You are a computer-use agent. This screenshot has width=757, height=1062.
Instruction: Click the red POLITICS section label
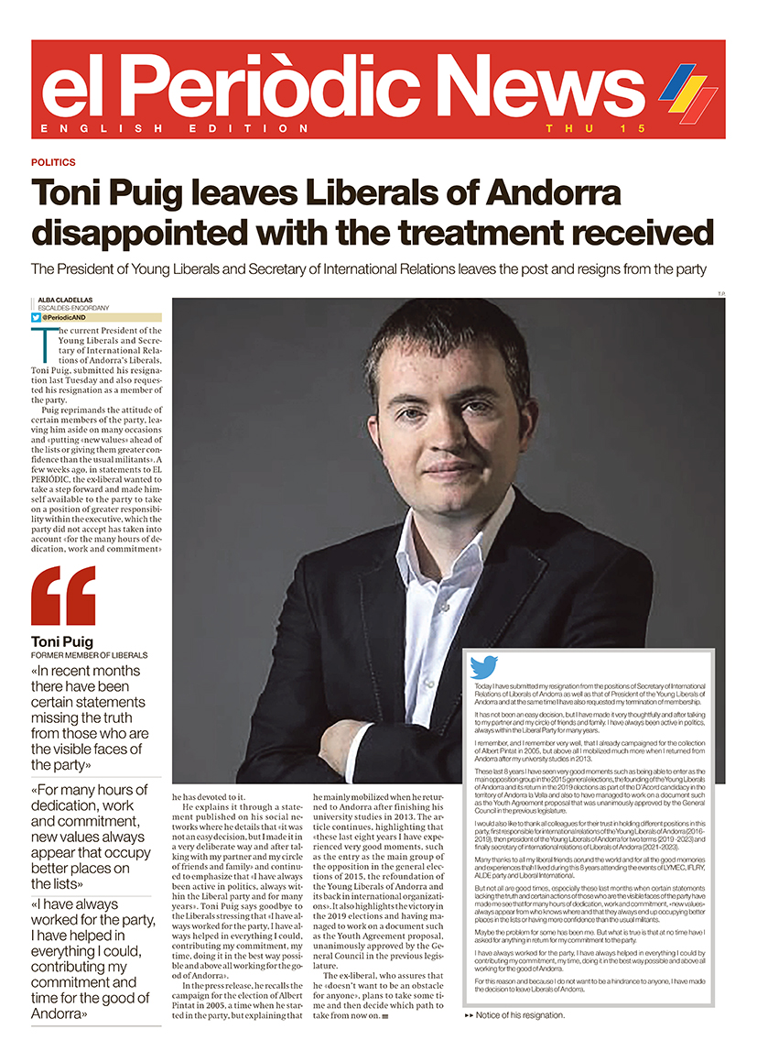coord(53,162)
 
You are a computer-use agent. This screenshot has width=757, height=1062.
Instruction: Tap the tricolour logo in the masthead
coord(688,93)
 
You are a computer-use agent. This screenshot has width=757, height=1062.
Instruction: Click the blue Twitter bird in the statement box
coord(482,666)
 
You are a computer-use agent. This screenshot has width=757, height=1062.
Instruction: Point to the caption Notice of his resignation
coord(520,1015)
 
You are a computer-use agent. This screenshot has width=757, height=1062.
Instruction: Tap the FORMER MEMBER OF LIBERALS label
coord(90,656)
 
